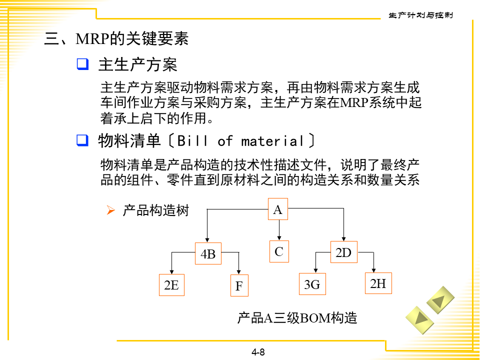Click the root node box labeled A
(x=278, y=210)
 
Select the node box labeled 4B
(x=208, y=254)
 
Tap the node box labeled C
(x=279, y=252)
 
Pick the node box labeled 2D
(x=343, y=252)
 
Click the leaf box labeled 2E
(x=171, y=285)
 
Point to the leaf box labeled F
(x=239, y=286)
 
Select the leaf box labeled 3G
(x=312, y=284)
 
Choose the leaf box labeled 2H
(x=378, y=283)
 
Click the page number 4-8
(x=258, y=352)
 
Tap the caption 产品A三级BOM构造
(x=297, y=317)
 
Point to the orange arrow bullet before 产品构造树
(x=111, y=210)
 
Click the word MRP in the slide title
(x=92, y=39)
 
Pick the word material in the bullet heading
(x=273, y=141)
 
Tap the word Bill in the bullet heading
(x=192, y=141)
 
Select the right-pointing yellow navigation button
(x=418, y=318)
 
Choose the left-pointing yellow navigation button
(x=440, y=300)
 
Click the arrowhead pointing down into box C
(x=279, y=237)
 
